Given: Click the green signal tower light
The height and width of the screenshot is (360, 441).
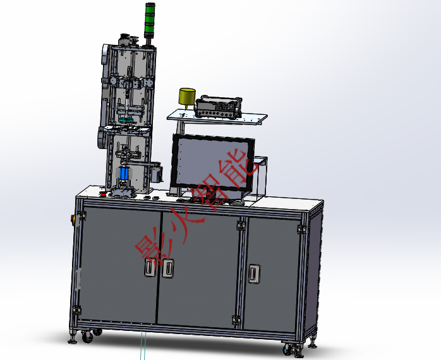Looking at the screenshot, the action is (x=150, y=20).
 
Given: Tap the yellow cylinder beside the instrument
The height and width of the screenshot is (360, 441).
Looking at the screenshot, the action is (x=187, y=97).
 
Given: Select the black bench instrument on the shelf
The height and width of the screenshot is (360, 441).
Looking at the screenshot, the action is (x=218, y=107).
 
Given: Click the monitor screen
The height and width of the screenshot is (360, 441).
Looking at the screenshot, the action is (x=212, y=164).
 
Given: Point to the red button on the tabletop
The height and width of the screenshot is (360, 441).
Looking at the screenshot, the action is (x=104, y=194).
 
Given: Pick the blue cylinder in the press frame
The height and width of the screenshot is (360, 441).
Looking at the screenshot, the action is (x=123, y=173).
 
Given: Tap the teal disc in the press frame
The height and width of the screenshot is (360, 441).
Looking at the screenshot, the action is (x=126, y=121).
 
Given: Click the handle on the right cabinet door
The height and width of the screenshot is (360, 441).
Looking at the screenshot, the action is (x=254, y=273).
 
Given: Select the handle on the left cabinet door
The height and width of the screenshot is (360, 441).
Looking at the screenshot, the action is (x=150, y=267).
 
